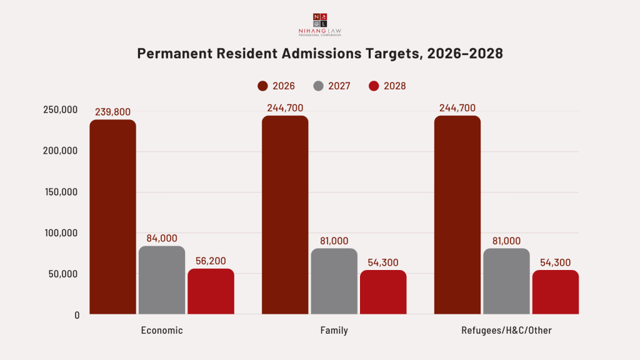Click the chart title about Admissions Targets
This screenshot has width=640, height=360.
pos(320,54)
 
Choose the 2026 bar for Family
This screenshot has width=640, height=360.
pos(285,215)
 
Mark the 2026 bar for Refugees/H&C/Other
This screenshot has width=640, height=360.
pos(457,215)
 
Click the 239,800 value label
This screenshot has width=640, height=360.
pos(112,112)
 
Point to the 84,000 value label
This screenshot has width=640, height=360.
pos(162,238)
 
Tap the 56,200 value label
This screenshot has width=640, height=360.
pos(211,261)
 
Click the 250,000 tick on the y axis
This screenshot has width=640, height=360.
pos(61,110)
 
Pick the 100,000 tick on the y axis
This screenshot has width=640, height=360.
pos(61,233)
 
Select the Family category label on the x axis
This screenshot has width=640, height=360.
pos(334,331)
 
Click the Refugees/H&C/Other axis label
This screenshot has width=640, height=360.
pos(506,331)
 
